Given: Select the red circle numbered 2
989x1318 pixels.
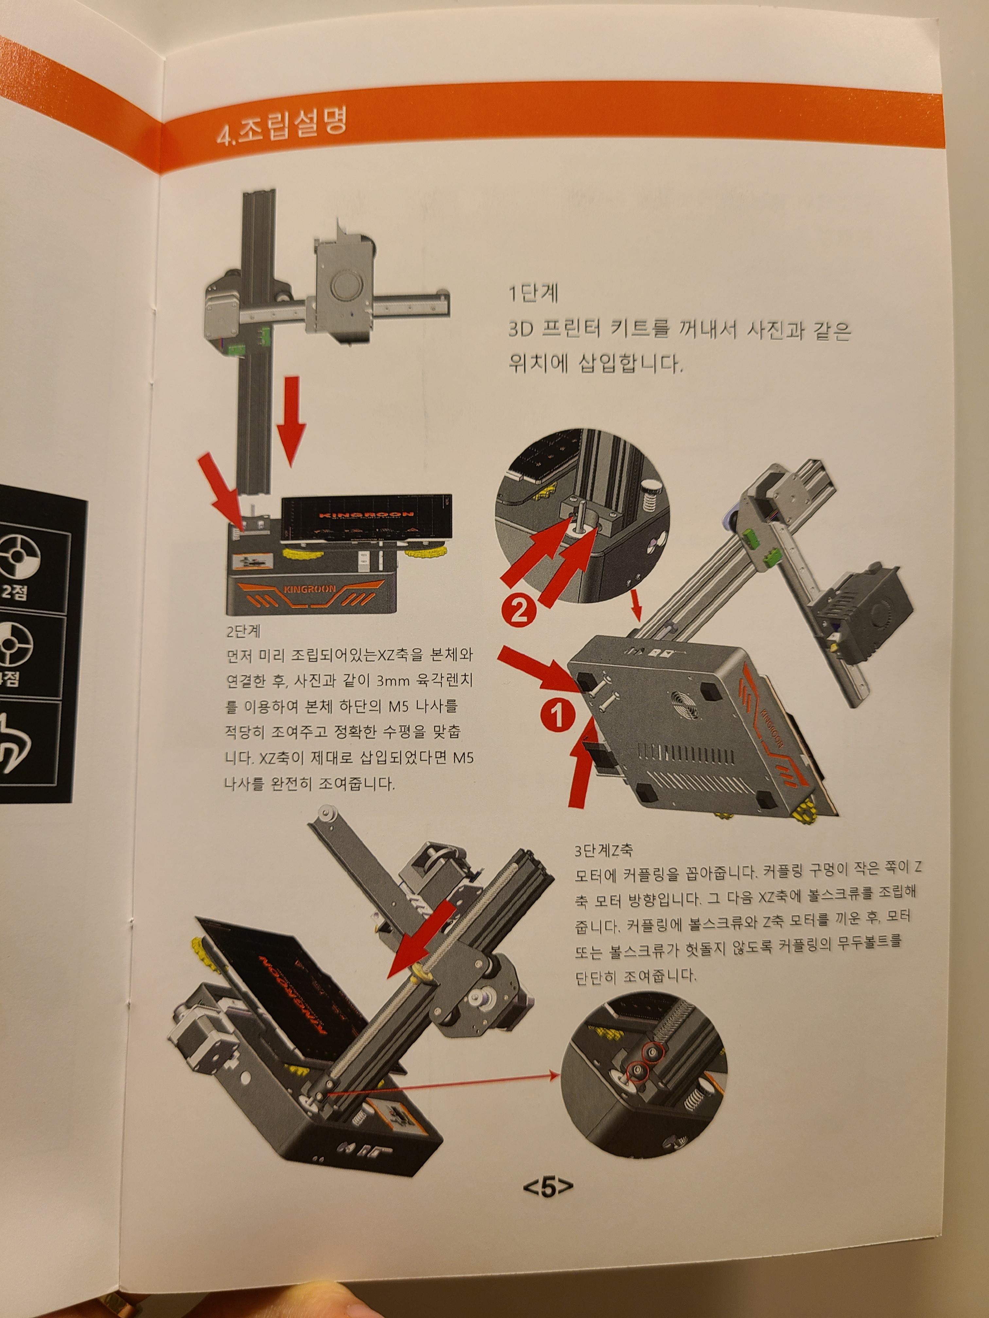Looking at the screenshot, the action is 519,611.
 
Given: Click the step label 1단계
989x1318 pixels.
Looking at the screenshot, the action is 533,293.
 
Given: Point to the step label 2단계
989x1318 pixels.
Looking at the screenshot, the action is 243,631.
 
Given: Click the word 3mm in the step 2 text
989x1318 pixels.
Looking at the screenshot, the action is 390,681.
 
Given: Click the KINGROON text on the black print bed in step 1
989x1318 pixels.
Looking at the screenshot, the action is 366,514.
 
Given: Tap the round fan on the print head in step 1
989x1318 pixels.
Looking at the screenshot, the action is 345,287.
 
